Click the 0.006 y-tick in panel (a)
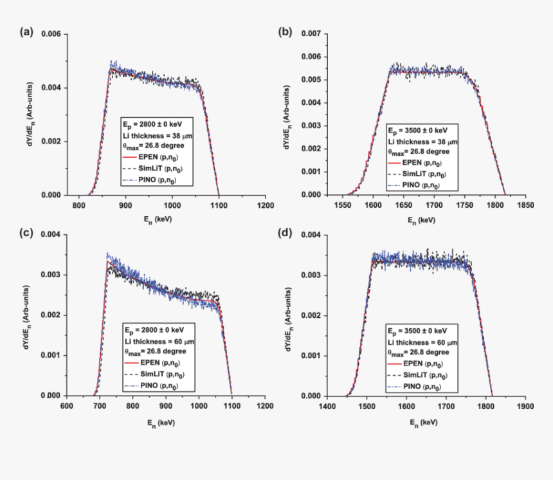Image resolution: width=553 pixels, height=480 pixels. (x=52, y=33)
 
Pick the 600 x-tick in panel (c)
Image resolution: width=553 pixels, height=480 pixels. (x=66, y=406)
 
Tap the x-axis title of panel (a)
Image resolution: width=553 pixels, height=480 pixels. (x=158, y=219)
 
